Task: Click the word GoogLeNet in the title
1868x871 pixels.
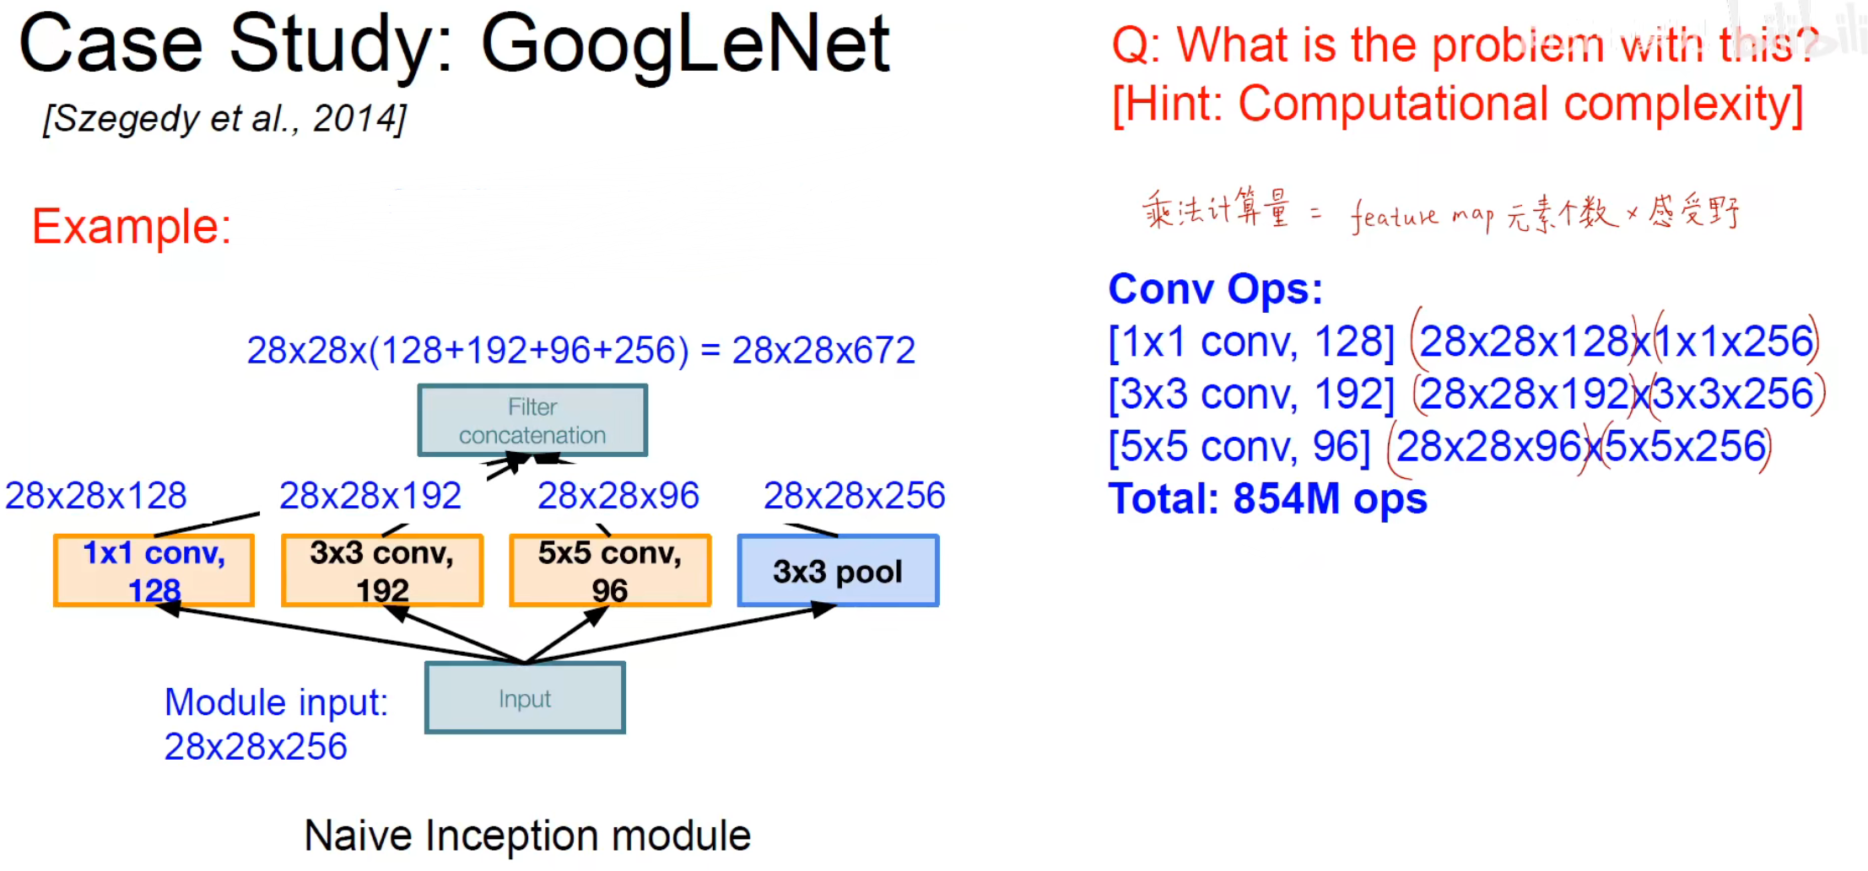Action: pos(685,46)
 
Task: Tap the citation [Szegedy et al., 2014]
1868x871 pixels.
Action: pos(225,119)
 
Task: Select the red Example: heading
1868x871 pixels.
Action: pos(132,227)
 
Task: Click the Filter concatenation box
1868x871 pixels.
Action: pos(532,421)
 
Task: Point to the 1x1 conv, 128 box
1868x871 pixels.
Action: pos(154,571)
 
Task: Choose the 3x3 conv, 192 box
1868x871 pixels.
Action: pos(382,571)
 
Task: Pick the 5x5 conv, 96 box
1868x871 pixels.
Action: pos(610,571)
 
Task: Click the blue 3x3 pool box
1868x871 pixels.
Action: pos(838,571)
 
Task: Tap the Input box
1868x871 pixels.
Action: pos(525,698)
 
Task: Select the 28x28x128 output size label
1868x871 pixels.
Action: pos(96,496)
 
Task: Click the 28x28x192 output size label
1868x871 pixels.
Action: pos(370,496)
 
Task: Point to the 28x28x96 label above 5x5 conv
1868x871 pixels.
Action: pos(618,496)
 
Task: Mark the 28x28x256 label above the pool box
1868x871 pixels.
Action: pos(855,496)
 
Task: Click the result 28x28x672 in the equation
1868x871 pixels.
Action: pos(823,350)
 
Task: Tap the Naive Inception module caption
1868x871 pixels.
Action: pos(527,836)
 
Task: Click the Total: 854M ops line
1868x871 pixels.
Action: pos(1267,498)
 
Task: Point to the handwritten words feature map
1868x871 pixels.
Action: pos(1423,216)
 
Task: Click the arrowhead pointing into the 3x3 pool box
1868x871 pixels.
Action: pos(823,609)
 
